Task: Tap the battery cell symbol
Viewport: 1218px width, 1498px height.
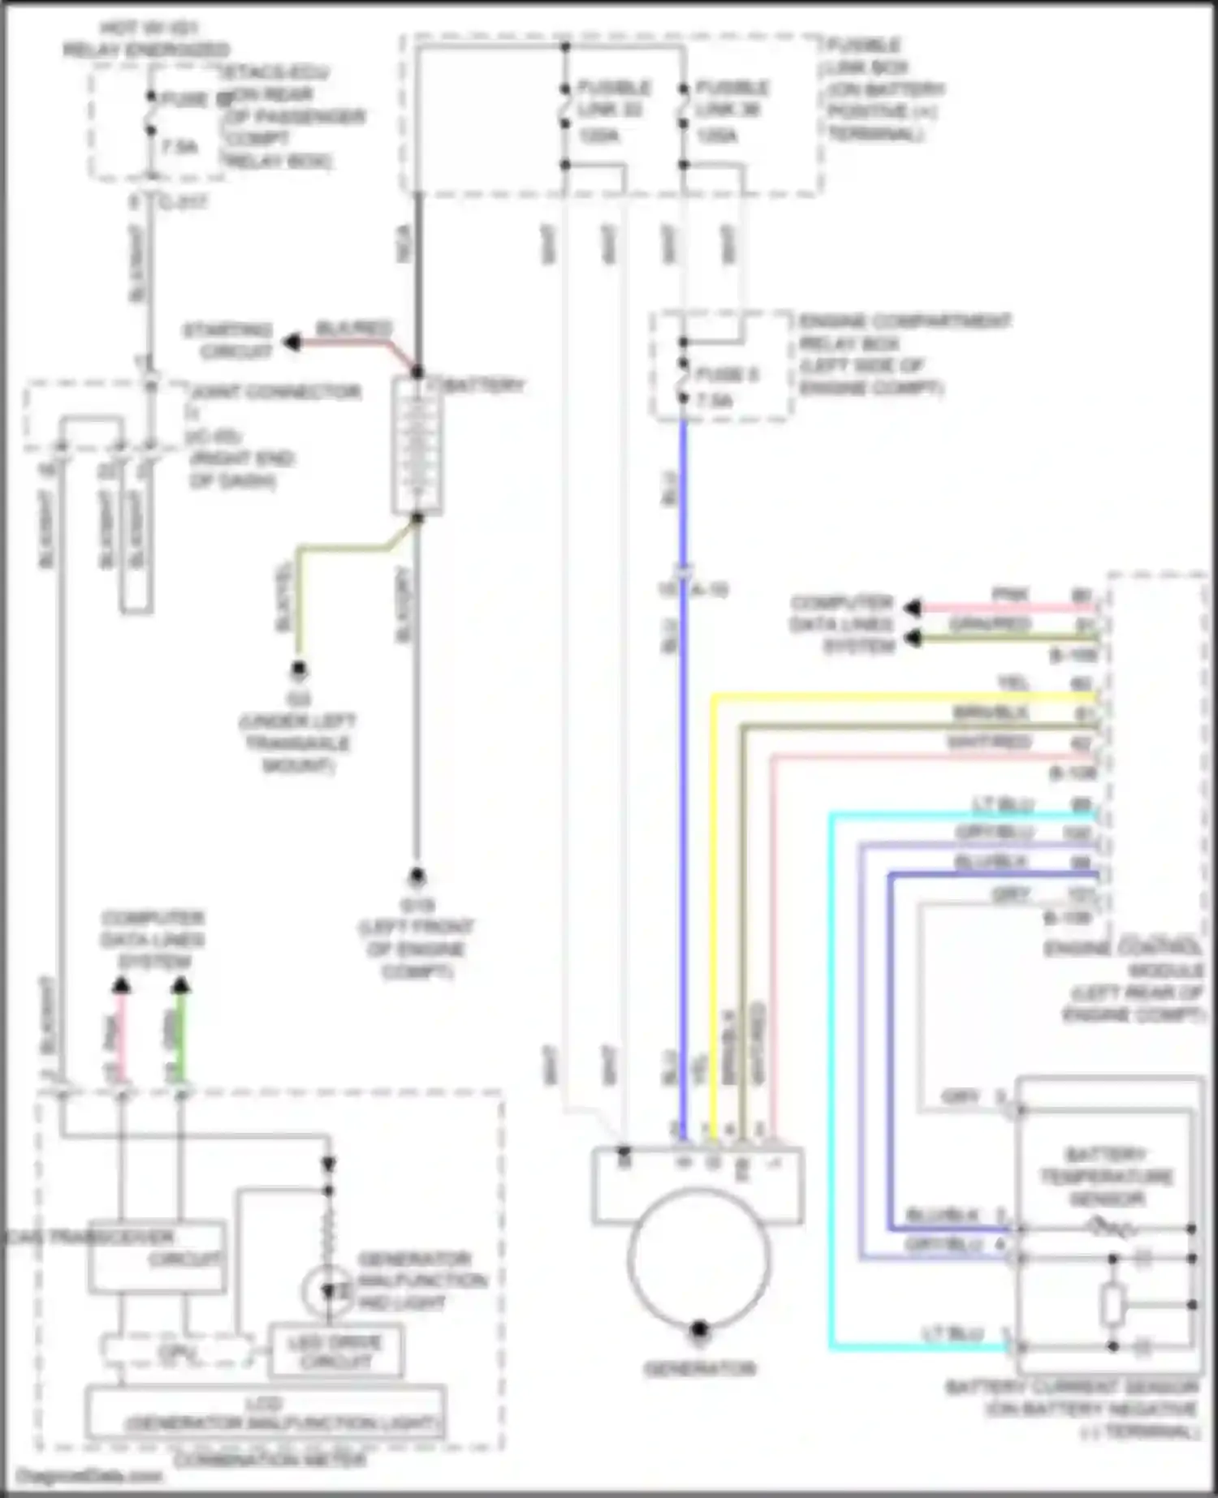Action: [x=417, y=446]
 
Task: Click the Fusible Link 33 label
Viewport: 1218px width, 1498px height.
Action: [x=611, y=110]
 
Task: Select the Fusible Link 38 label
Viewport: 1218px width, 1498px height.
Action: [x=730, y=110]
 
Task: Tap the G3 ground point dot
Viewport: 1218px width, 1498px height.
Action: [x=299, y=670]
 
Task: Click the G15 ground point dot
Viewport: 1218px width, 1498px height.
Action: [x=417, y=876]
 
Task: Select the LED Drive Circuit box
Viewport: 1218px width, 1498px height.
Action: [x=335, y=1352]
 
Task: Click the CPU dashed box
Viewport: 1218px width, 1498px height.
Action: [x=176, y=1352]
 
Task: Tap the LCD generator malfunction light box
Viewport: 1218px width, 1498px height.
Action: [x=265, y=1414]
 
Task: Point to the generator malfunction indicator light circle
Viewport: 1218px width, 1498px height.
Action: [x=328, y=1290]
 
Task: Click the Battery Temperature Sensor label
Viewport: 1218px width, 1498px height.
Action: [x=1106, y=1176]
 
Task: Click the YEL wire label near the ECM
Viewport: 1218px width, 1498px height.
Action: [x=1013, y=684]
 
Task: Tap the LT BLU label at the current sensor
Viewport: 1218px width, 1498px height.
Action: [x=952, y=1333]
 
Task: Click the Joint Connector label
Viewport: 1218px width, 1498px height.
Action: [x=276, y=393]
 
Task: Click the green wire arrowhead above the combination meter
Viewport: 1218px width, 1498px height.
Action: [x=181, y=986]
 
